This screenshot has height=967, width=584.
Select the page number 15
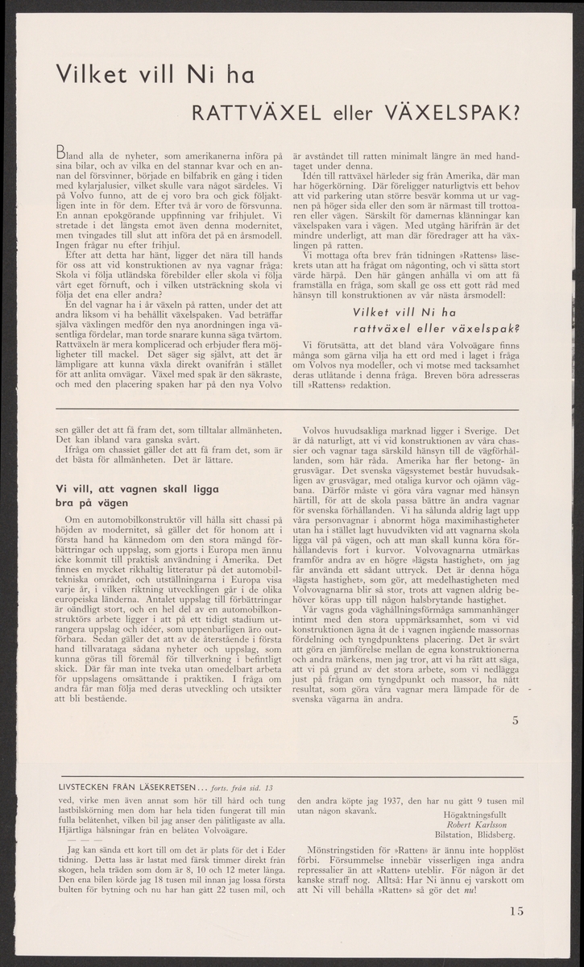point(516,911)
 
